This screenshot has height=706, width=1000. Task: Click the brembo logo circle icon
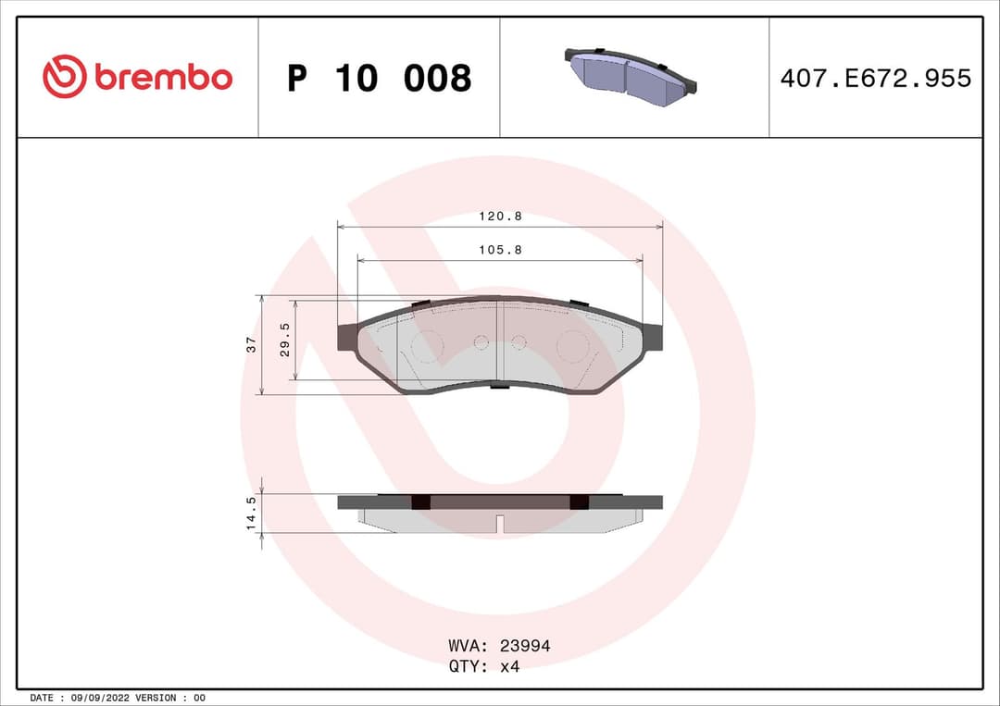click(64, 77)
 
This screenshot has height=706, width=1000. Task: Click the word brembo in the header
click(163, 79)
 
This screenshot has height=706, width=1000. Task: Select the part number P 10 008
click(380, 79)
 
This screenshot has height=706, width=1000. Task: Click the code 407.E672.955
click(875, 79)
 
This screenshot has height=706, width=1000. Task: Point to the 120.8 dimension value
click(500, 216)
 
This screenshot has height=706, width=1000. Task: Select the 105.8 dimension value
click(500, 250)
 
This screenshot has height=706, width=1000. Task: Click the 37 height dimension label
click(251, 344)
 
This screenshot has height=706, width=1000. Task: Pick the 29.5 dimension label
click(285, 340)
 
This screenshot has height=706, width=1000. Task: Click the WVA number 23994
click(524, 646)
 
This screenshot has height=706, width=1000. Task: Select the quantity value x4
click(509, 666)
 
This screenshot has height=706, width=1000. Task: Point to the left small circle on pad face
click(481, 342)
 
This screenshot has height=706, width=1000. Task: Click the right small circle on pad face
click(519, 342)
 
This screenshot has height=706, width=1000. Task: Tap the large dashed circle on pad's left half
click(427, 345)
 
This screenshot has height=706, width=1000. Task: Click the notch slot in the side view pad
click(500, 524)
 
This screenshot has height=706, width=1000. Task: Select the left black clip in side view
click(420, 502)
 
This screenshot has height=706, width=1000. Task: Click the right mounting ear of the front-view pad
click(653, 336)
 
